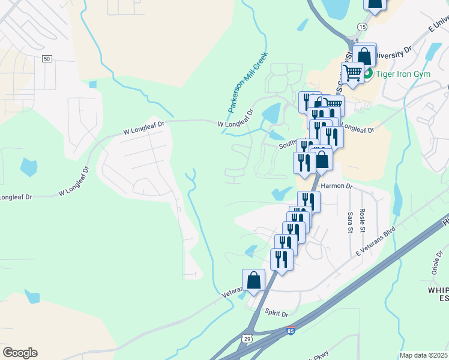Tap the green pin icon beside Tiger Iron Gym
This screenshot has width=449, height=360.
pos(370,74)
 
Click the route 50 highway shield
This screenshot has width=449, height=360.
pos(47,58)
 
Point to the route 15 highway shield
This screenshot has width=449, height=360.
pos(361,27)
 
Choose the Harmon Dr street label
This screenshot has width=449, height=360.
pos(336,186)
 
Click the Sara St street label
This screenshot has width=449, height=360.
pos(350,221)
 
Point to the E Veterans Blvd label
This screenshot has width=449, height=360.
pos(375,241)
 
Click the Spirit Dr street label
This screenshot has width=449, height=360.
pos(277,313)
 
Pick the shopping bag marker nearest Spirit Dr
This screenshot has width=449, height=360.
pos(253,280)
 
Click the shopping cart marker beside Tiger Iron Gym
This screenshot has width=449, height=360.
pos(352,73)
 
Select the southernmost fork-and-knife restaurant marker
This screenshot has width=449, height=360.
pos(282,259)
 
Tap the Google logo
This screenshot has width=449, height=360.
pos(20,353)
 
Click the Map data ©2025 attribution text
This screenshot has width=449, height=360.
pos(423,355)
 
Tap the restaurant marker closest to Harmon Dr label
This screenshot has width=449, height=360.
pos(309,201)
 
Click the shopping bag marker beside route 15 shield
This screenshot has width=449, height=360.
pos(364,55)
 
